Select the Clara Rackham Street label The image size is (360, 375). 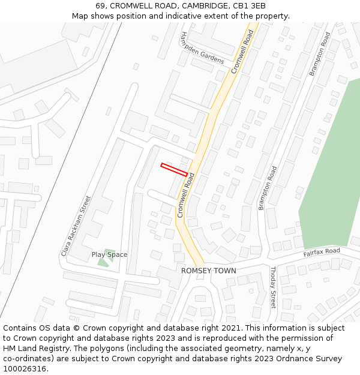click(76, 226)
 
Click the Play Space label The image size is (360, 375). click(109, 254)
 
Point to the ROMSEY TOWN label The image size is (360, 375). click(209, 271)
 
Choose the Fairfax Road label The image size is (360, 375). click(322, 253)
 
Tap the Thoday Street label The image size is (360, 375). click(272, 287)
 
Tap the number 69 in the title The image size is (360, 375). click(100, 6)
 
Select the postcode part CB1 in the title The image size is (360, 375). click(242, 6)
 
